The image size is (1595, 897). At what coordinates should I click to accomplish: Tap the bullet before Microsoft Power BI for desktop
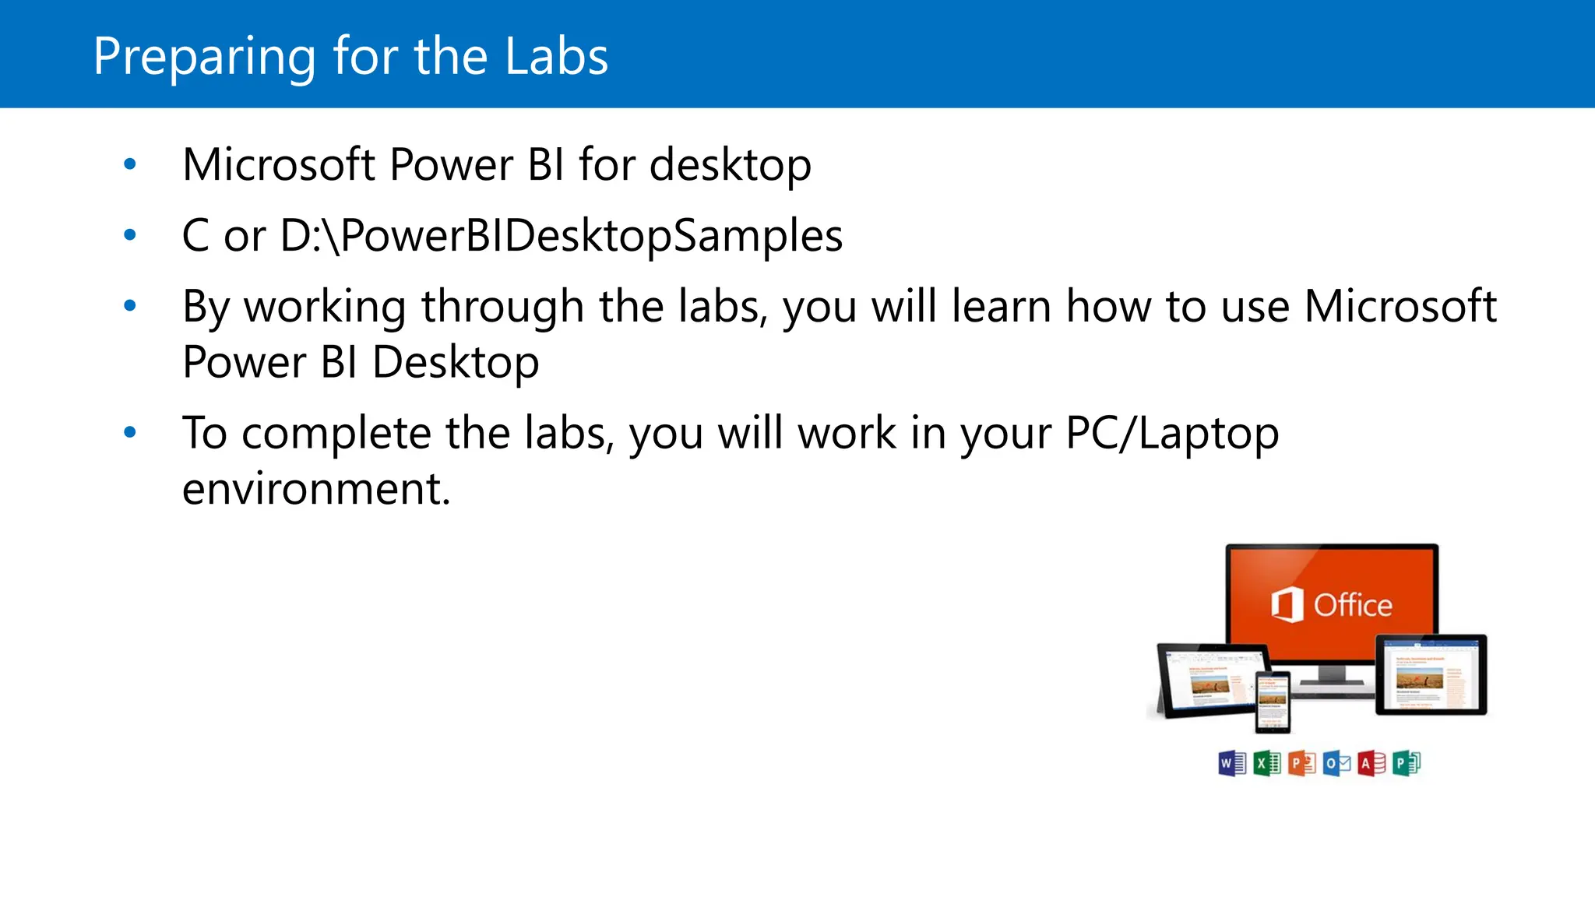tap(130, 164)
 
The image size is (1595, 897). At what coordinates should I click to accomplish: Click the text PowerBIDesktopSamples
tap(592, 235)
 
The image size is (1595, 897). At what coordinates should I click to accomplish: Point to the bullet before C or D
tap(130, 234)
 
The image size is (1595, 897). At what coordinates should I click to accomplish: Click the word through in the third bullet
tap(502, 307)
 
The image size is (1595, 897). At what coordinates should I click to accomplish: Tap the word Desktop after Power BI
tap(456, 363)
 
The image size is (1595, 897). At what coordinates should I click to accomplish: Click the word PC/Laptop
tap(1172, 434)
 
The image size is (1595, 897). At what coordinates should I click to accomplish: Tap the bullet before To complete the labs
tap(130, 432)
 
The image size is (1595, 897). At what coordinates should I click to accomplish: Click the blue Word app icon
tap(1232, 763)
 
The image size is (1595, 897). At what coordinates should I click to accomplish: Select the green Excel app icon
tap(1267, 763)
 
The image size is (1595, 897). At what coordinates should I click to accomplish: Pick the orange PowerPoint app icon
tap(1301, 763)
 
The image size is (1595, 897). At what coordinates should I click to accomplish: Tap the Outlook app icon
tap(1336, 763)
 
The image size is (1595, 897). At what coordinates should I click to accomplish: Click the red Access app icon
tap(1371, 763)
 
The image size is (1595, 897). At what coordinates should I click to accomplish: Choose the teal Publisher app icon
tap(1407, 763)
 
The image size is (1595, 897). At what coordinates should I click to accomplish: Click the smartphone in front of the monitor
tap(1273, 702)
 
